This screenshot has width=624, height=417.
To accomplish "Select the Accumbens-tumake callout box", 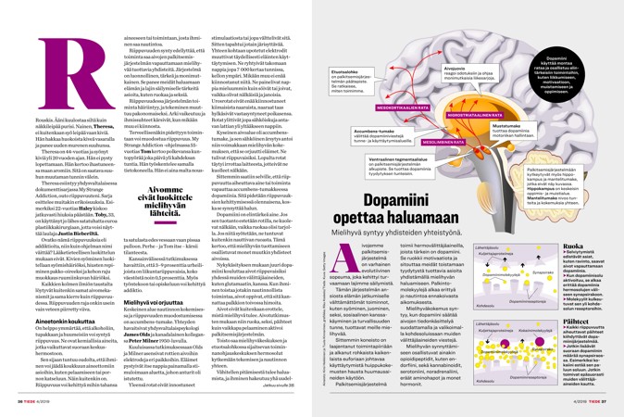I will (360, 158).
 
